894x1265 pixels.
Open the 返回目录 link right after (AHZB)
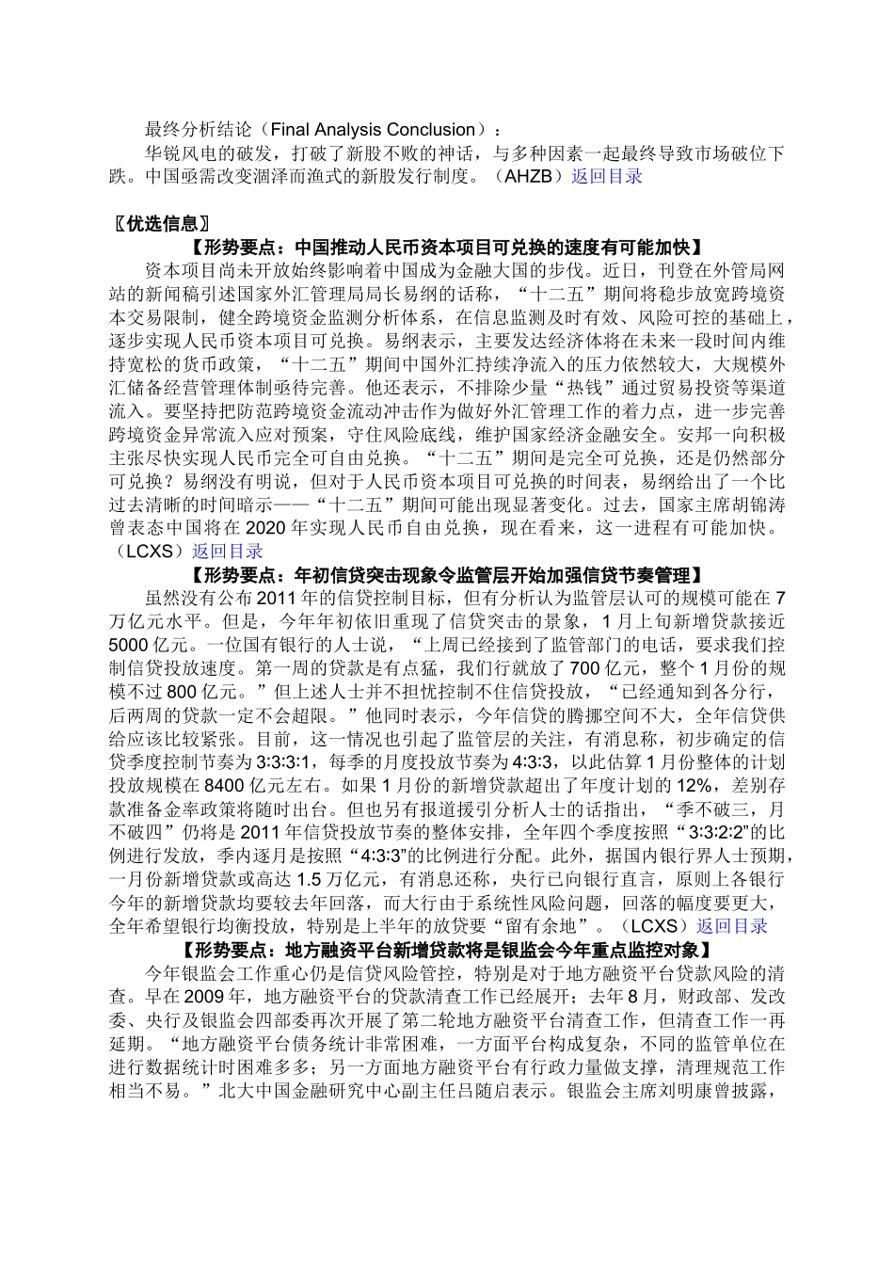(607, 176)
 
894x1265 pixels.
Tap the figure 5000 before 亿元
(128, 646)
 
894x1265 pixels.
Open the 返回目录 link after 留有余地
(732, 926)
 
